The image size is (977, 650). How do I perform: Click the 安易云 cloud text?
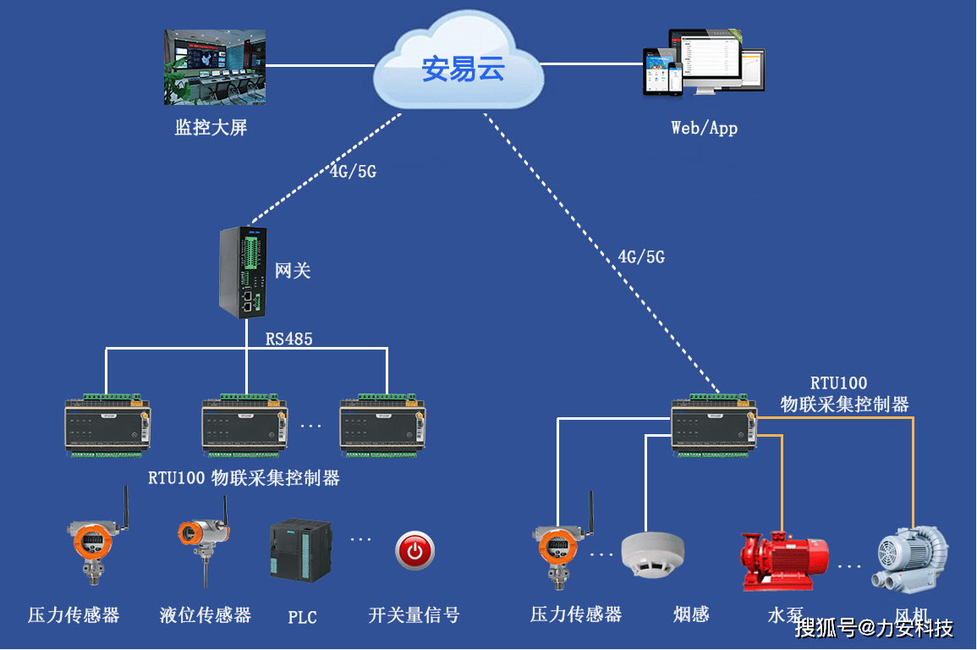pyautogui.click(x=463, y=69)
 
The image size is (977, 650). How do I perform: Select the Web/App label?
pyautogui.click(x=704, y=128)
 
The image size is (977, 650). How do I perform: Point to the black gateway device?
pyautogui.click(x=244, y=272)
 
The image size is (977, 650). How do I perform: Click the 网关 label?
pyautogui.click(x=293, y=271)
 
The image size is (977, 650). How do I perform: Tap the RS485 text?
pyautogui.click(x=289, y=339)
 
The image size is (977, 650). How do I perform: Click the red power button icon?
pyautogui.click(x=414, y=551)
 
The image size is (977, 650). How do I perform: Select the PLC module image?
pyautogui.click(x=301, y=550)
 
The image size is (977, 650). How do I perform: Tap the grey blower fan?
pyautogui.click(x=910, y=557)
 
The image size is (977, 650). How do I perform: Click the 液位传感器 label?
pyautogui.click(x=206, y=615)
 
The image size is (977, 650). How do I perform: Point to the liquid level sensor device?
pyautogui.click(x=203, y=542)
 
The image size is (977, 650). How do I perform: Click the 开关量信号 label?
pyautogui.click(x=414, y=615)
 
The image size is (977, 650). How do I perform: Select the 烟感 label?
pyautogui.click(x=691, y=614)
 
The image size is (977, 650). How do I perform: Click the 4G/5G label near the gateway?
pyautogui.click(x=353, y=172)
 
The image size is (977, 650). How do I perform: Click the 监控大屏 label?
pyautogui.click(x=211, y=128)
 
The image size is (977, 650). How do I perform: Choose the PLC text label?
pyautogui.click(x=302, y=617)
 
